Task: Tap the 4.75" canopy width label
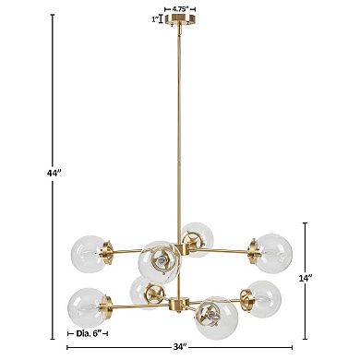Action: click(x=182, y=8)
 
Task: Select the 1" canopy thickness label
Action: click(x=154, y=19)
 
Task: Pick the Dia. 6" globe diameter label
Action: click(x=84, y=333)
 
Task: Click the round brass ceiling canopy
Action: click(x=182, y=22)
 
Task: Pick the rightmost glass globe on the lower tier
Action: click(x=261, y=295)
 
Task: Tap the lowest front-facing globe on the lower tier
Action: click(x=211, y=318)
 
